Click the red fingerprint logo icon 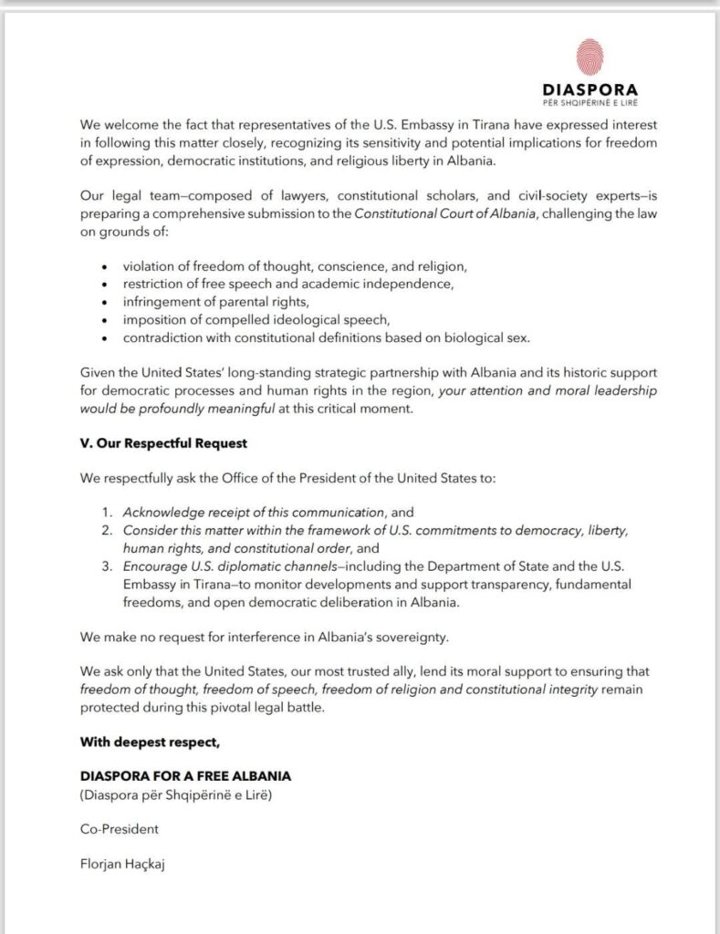tap(590, 57)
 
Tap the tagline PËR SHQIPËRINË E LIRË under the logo tap(590, 103)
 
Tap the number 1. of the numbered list tap(106, 513)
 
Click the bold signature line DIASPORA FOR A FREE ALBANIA tap(186, 776)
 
